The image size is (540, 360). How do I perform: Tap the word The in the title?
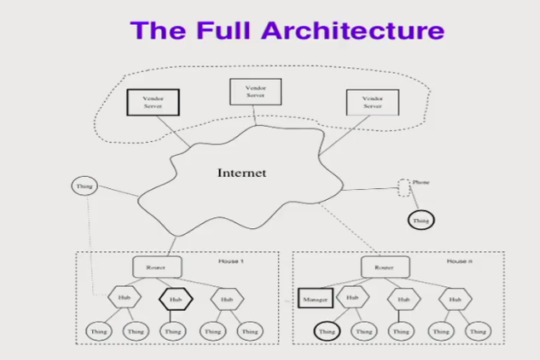click(158, 31)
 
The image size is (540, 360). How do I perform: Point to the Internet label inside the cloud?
click(241, 173)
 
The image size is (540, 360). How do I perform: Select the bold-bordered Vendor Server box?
click(148, 104)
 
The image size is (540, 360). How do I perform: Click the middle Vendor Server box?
click(255, 91)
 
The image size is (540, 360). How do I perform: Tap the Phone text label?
click(421, 181)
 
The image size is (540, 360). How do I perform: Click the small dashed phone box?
click(404, 188)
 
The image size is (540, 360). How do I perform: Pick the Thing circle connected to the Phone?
click(421, 221)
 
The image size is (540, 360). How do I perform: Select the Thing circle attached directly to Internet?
click(84, 187)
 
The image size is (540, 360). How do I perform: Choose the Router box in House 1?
click(153, 267)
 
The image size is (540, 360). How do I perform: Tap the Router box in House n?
click(382, 267)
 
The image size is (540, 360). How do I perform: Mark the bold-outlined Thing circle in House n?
click(326, 332)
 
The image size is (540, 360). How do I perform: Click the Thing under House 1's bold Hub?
click(172, 332)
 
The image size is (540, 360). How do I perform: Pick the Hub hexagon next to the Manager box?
click(353, 297)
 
